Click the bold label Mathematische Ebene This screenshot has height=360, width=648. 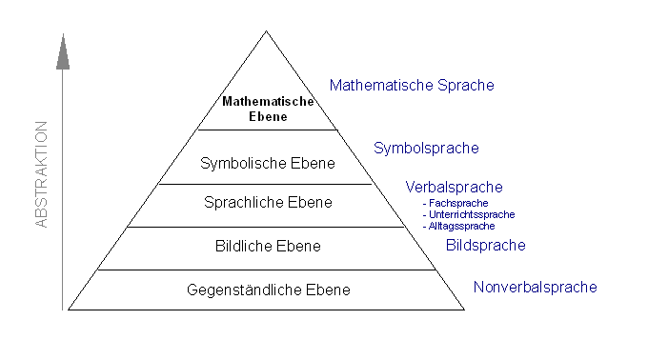coord(267,109)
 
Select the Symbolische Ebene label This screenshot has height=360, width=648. coord(268,163)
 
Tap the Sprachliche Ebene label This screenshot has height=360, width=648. coord(268,202)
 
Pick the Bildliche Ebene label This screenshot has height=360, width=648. coord(268,247)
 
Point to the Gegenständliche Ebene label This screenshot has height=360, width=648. coord(268,290)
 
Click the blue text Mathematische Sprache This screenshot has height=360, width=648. coord(412,85)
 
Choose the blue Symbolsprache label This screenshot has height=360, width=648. coord(426,148)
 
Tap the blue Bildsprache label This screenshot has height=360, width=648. coord(485,245)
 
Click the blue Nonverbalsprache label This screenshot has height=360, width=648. coord(535,287)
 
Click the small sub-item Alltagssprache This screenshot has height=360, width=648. coord(461,226)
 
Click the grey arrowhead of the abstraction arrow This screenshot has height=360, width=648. coord(63,51)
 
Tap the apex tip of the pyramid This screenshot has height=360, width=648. coord(267,31)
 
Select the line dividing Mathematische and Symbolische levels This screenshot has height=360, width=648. coord(267,130)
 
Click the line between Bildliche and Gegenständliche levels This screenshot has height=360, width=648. coord(267,270)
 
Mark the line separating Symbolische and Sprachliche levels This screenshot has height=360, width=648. coord(267,184)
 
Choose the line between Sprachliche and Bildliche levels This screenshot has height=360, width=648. coord(267,227)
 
